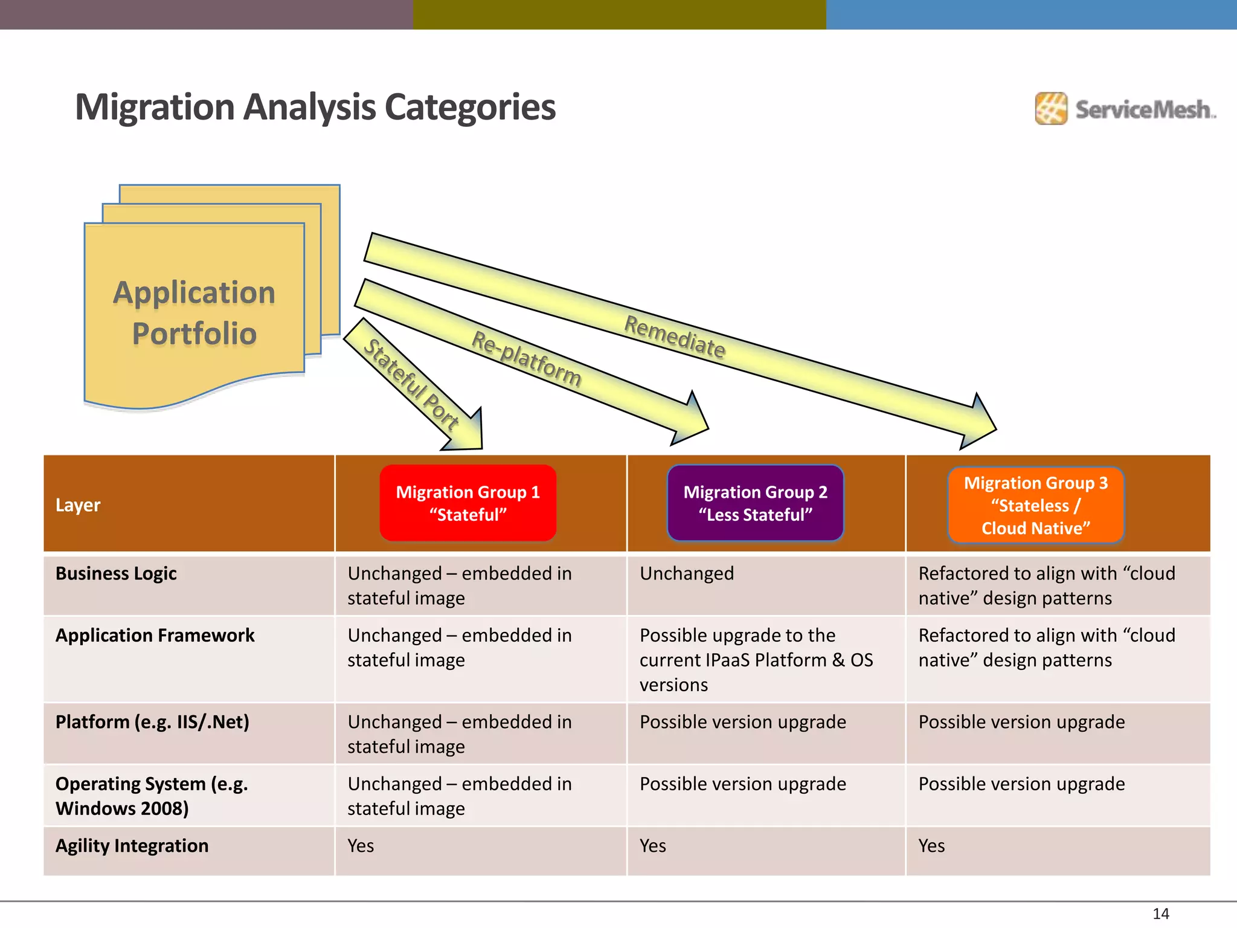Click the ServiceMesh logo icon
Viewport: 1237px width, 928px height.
tap(1051, 109)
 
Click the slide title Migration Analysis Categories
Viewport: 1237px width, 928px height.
tap(315, 108)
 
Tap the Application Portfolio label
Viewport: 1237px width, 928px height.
tap(194, 313)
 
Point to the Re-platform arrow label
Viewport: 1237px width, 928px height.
tap(526, 359)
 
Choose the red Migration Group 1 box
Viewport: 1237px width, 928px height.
tap(467, 503)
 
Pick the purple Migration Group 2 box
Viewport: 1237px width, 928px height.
tap(755, 503)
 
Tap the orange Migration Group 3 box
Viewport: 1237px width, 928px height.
tap(1035, 505)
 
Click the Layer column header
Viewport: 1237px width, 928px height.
tap(78, 504)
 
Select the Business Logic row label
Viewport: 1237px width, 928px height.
tap(116, 573)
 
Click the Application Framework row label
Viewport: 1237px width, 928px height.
tap(155, 635)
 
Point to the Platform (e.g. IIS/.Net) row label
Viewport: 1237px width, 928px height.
tap(152, 721)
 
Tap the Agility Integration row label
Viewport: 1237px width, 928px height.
tap(132, 845)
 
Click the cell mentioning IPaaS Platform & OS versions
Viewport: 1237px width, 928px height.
tap(756, 660)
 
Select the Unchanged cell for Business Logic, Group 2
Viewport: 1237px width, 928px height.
tap(687, 573)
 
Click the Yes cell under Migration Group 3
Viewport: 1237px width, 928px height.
tap(931, 845)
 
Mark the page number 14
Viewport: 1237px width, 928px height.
tap(1160, 913)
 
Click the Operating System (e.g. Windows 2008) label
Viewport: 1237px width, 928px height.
tap(151, 796)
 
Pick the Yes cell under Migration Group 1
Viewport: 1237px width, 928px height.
tap(361, 845)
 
